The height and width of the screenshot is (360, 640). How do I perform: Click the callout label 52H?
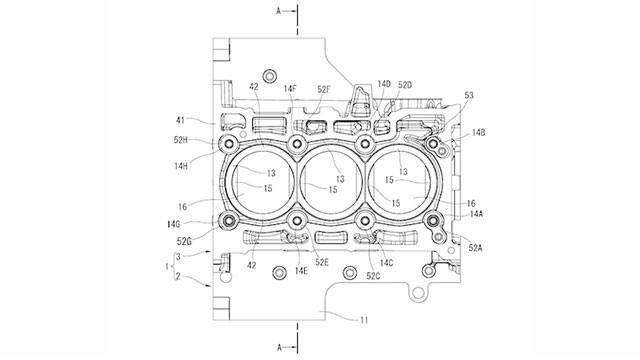(180, 140)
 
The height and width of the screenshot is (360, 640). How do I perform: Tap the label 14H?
(181, 166)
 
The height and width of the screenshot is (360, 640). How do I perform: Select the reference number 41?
(180, 120)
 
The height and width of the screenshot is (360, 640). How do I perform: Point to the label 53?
(469, 95)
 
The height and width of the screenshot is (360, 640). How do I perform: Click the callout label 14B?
(479, 133)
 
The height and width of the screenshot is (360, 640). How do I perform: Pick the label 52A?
(475, 247)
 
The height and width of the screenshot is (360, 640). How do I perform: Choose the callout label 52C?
(373, 276)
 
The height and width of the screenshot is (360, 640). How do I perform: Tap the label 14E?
(301, 270)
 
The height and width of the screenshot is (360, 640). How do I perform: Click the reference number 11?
(364, 320)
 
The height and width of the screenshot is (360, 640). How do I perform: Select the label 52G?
(184, 242)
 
